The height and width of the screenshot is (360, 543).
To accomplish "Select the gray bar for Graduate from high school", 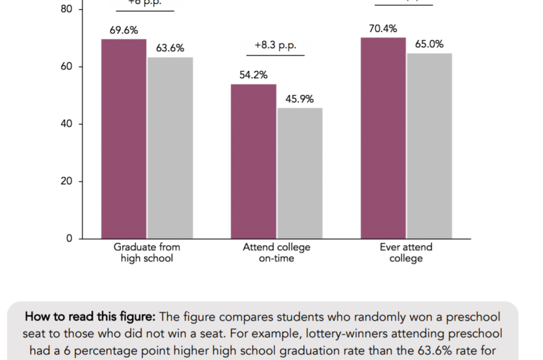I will click(x=170, y=148).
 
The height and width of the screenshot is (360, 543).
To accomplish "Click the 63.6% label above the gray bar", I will click(x=170, y=49).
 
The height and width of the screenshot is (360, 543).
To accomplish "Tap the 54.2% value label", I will click(x=254, y=75).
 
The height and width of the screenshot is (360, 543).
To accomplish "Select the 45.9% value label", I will click(x=300, y=99).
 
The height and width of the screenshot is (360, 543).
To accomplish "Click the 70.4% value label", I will click(x=383, y=29).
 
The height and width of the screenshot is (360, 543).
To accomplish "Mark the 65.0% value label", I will click(x=429, y=44).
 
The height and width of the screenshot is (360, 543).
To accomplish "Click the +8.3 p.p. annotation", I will click(x=276, y=46).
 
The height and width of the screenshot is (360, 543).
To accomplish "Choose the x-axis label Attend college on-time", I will click(x=276, y=253).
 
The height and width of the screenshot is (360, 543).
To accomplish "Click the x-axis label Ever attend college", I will click(x=406, y=253).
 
